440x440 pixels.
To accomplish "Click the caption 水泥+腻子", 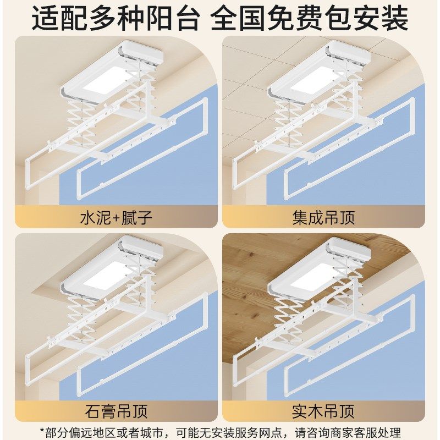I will pyautogui.click(x=116, y=217).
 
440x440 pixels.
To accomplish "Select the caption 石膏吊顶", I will pyautogui.click(x=116, y=410).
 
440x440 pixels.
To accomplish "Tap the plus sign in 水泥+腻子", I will pyautogui.click(x=116, y=218).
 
